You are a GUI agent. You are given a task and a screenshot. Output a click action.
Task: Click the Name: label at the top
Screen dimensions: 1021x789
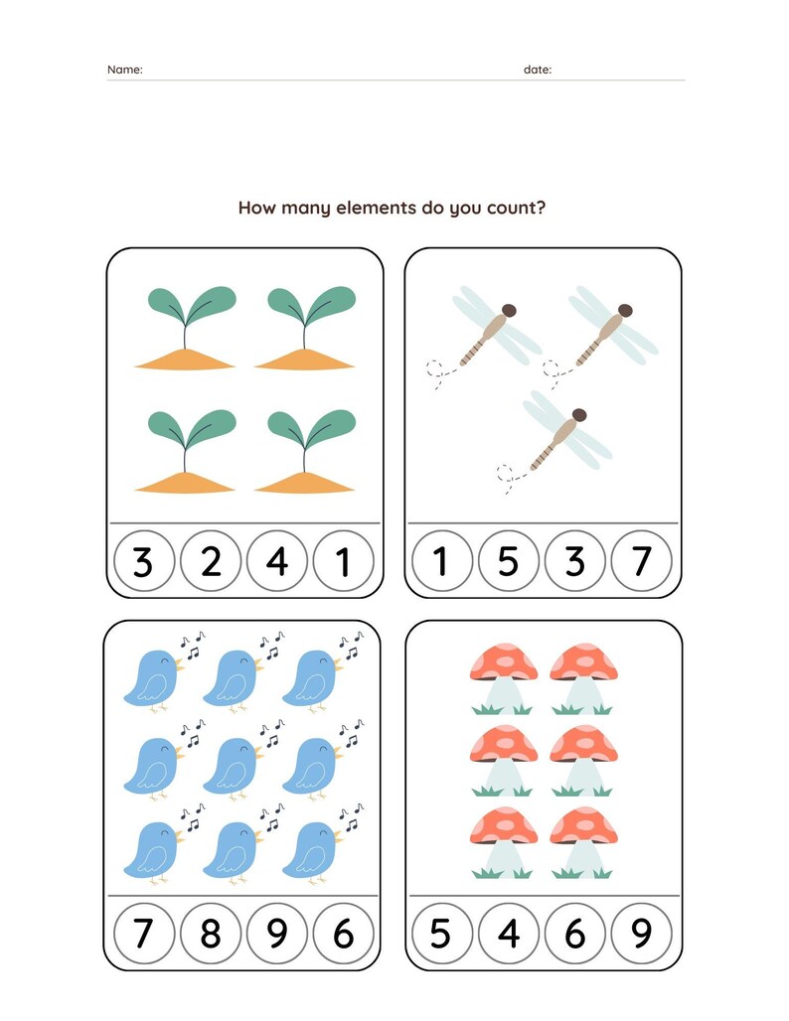[124, 70]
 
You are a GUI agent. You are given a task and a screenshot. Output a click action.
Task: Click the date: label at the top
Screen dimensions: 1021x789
[538, 70]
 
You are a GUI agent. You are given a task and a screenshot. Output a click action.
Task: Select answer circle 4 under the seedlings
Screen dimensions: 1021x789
[277, 562]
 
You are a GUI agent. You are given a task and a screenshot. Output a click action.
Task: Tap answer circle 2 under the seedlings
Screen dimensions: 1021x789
[211, 562]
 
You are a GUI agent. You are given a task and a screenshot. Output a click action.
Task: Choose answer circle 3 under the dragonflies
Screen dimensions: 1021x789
[574, 562]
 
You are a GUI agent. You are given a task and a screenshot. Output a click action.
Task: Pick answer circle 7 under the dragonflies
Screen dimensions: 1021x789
[642, 562]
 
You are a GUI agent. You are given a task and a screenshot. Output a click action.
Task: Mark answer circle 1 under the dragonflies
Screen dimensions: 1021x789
[440, 562]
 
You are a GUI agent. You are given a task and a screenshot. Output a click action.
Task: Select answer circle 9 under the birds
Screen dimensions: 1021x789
[277, 934]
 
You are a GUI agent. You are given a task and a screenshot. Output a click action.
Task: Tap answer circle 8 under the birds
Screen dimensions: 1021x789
[210, 934]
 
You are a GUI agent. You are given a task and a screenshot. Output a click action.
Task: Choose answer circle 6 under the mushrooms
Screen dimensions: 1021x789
[574, 934]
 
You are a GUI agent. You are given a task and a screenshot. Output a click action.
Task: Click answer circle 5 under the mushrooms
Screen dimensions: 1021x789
[440, 934]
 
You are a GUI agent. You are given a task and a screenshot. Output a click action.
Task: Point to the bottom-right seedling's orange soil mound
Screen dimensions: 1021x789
[304, 484]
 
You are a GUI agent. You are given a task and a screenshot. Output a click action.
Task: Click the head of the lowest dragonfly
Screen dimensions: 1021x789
[579, 415]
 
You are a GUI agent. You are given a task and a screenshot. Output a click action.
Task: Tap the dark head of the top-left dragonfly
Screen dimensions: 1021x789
[509, 311]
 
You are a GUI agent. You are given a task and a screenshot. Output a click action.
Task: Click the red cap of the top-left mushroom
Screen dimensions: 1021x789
[504, 660]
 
